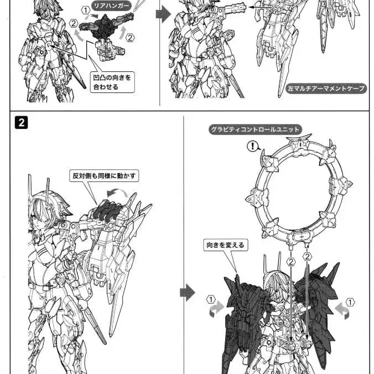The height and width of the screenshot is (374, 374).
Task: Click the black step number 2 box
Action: (x=21, y=122)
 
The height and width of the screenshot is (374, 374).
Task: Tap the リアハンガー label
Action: (x=111, y=6)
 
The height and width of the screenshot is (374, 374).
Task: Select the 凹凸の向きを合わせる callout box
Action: (x=112, y=82)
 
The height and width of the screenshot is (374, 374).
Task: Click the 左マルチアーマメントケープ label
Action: (x=326, y=89)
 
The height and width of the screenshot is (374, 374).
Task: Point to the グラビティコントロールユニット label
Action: (x=255, y=129)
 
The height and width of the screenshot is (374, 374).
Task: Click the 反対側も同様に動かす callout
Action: (x=104, y=176)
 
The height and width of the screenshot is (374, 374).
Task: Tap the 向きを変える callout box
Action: (x=225, y=245)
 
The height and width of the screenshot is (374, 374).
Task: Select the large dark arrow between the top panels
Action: (x=163, y=14)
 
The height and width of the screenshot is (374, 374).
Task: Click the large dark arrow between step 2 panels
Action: (x=188, y=293)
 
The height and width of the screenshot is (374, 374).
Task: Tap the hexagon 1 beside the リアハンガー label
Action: (x=85, y=11)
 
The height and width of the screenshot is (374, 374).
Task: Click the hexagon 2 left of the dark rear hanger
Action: (x=74, y=23)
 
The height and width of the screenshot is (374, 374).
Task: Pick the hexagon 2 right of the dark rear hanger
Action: (x=130, y=38)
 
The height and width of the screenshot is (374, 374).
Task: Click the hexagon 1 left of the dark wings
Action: (x=211, y=299)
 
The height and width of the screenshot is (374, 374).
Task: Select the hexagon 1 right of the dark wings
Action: (x=350, y=303)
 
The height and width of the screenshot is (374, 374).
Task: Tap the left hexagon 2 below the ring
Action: (x=291, y=262)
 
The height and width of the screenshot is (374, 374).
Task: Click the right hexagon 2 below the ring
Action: (x=307, y=257)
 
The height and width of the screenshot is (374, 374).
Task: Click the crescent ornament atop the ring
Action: (x=299, y=138)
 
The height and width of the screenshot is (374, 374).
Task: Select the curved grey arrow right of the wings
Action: (x=343, y=311)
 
